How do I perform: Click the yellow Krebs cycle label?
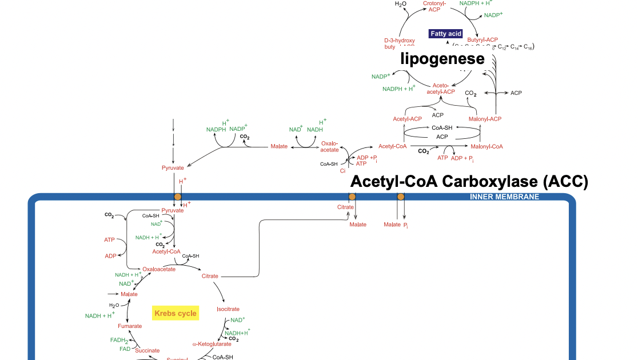tap(175, 313)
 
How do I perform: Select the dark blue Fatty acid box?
tap(446, 34)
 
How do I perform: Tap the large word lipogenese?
tap(442, 58)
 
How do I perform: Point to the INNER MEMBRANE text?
tap(504, 197)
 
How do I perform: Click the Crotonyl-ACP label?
tap(434, 7)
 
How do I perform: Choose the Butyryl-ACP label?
tap(483, 39)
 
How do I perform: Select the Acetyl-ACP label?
tap(407, 119)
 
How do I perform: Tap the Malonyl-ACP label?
tap(485, 119)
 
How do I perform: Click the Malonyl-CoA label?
tap(487, 146)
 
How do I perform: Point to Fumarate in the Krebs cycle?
tap(130, 326)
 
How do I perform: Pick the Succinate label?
tap(147, 350)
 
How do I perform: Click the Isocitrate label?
tap(228, 309)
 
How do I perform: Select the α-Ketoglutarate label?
tap(212, 344)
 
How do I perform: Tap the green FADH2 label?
tap(119, 340)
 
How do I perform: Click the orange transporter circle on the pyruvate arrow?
tap(177, 197)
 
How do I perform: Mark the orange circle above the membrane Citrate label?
tap(352, 197)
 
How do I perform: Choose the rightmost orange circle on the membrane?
tap(401, 197)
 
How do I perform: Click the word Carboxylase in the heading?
tap(489, 182)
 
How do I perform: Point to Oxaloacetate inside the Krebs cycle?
tap(159, 269)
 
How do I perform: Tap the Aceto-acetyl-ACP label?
tap(441, 89)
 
